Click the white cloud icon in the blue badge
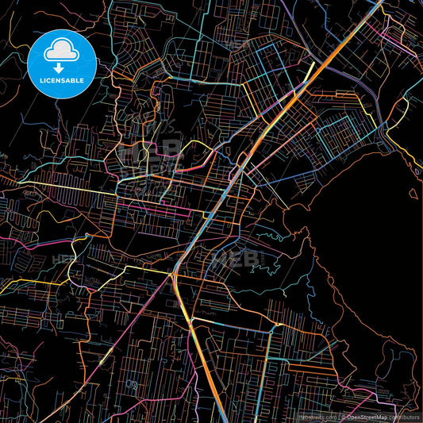[62, 48]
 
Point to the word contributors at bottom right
[405, 417]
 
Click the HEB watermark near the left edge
[63, 260]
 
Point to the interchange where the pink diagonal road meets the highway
[174, 274]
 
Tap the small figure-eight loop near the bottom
[129, 383]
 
